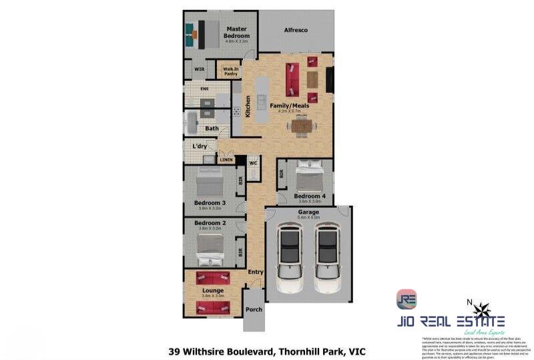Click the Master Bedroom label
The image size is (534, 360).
237,32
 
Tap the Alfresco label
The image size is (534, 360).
296,31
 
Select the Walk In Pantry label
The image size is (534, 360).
231,71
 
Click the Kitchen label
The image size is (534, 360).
248,106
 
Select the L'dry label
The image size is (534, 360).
199,146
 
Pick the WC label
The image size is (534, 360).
254,163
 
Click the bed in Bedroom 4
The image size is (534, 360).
310,178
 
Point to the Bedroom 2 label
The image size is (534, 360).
210,222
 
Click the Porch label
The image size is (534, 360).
254,310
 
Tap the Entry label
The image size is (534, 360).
256,272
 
